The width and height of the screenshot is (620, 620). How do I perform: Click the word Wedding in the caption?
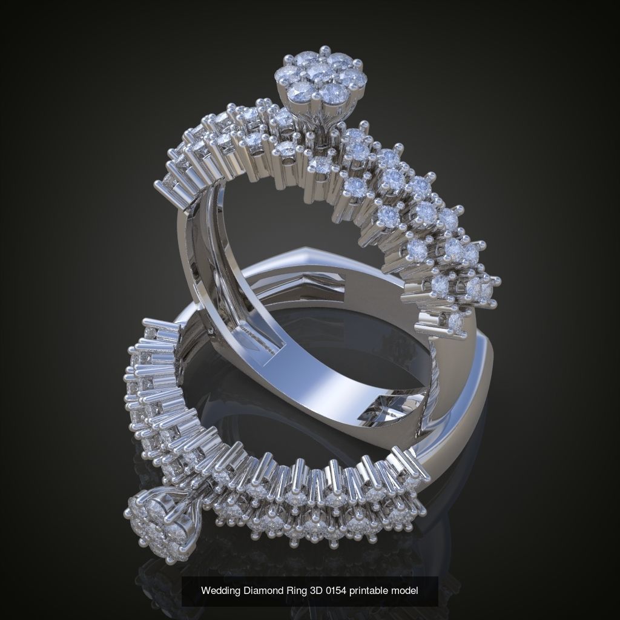point(219,590)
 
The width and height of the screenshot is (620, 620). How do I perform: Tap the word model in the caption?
point(408,590)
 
